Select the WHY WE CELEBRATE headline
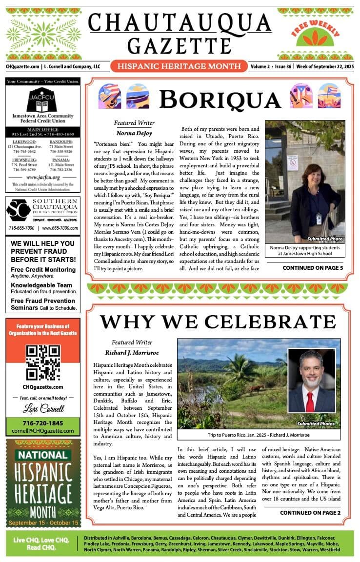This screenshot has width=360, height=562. point(218,322)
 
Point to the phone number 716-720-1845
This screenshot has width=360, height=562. point(43,423)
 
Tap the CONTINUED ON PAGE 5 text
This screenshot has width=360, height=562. point(313,268)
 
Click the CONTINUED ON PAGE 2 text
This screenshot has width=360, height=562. point(310,513)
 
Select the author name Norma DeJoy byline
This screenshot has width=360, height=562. point(134,133)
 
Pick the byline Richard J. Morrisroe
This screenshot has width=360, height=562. point(132,352)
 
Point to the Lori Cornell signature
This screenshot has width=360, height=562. point(43,408)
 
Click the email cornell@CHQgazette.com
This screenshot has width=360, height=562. point(43,431)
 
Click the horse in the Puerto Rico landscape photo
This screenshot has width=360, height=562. point(256,389)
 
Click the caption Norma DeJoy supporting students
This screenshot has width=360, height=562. point(305,250)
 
